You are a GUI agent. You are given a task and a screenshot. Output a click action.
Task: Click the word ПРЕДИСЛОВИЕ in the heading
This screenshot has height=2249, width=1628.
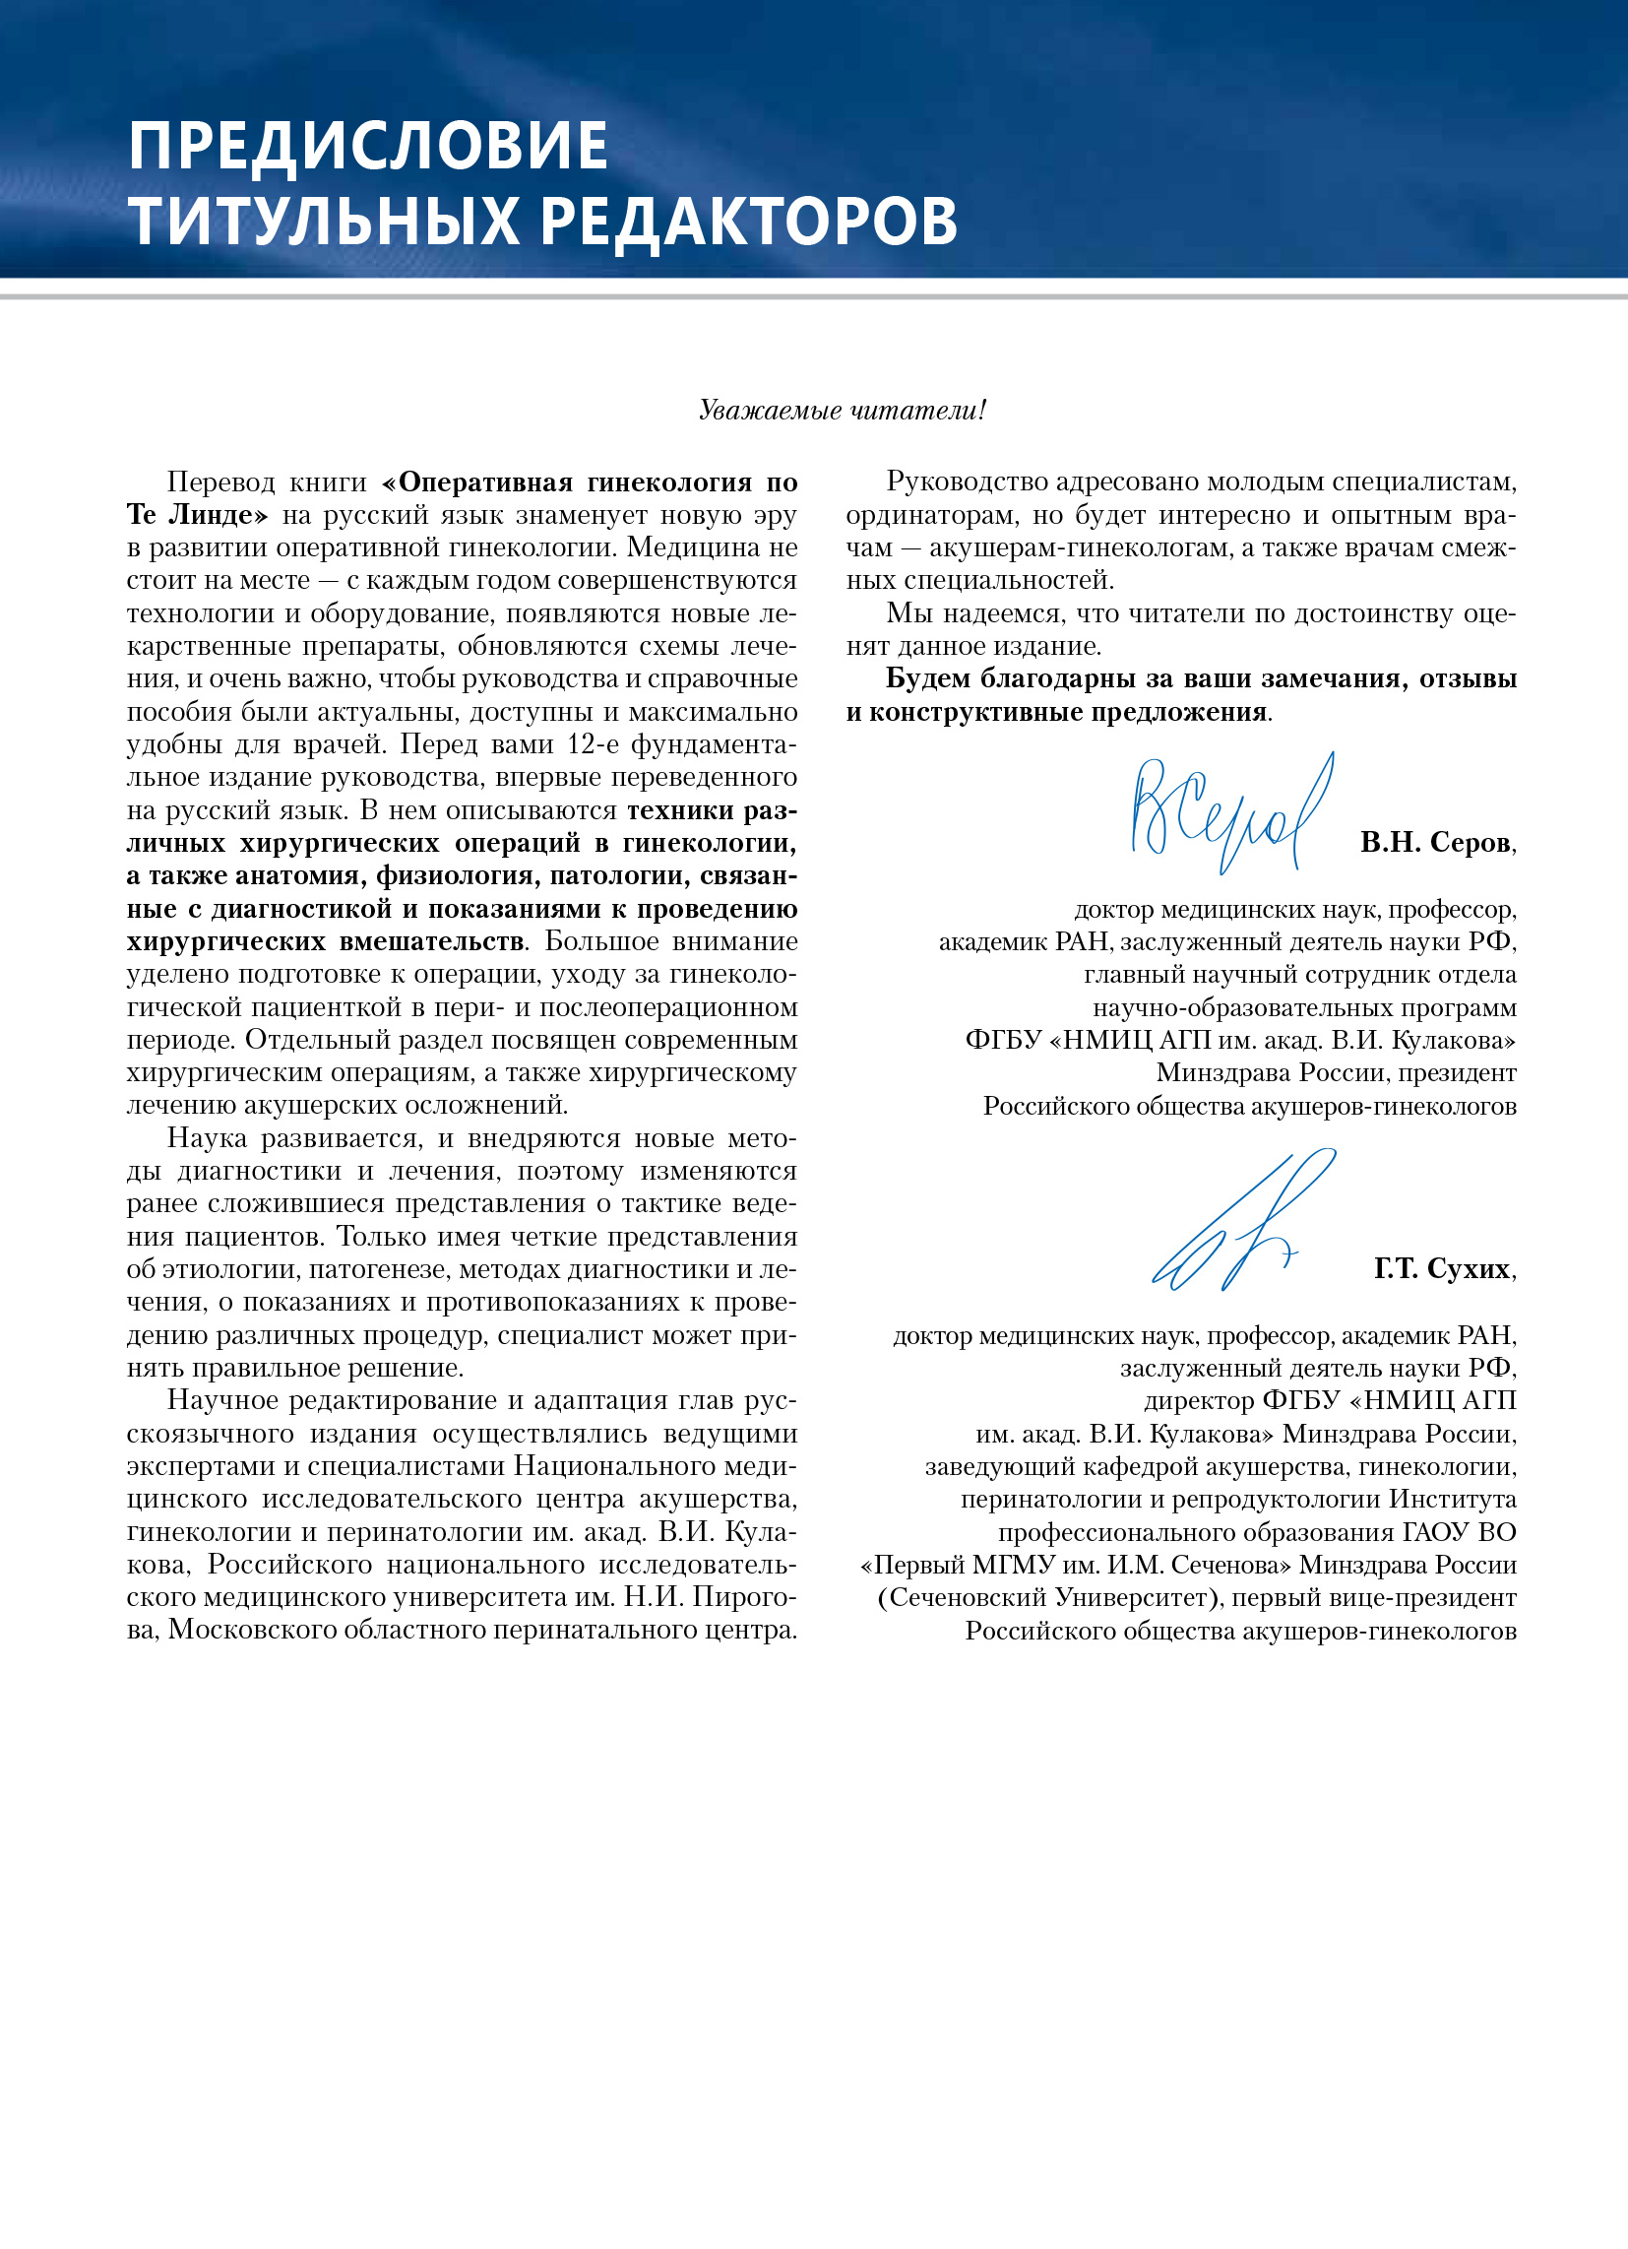coord(368,146)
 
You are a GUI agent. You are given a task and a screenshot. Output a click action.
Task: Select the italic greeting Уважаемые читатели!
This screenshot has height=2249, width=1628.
coord(842,410)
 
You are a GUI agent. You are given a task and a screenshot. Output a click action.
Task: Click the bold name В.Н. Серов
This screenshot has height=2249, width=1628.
coord(1436,843)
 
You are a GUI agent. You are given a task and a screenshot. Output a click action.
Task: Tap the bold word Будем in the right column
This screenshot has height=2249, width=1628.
coord(927,679)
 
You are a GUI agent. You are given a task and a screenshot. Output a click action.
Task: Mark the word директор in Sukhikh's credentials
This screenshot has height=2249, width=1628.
coord(1199,1400)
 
